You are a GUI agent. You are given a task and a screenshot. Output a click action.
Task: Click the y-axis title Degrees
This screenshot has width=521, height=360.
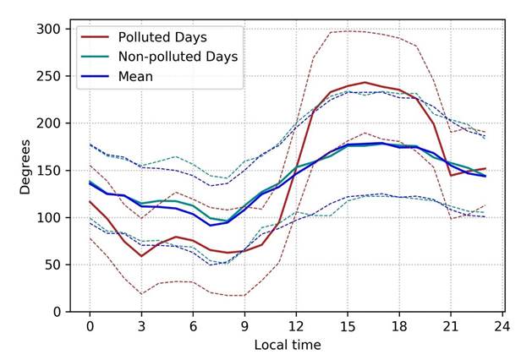26,169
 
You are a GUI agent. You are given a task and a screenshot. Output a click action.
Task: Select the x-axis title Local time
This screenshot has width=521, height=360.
288,345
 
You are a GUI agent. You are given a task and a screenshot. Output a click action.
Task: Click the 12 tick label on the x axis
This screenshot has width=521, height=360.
296,326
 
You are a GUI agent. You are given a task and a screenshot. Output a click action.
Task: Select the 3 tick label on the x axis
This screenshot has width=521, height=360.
141,326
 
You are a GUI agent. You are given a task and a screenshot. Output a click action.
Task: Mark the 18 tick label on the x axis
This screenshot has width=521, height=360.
399,326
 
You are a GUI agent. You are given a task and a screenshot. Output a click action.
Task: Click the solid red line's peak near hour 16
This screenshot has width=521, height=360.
365,82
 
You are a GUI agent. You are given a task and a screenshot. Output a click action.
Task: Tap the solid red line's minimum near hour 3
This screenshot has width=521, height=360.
141,256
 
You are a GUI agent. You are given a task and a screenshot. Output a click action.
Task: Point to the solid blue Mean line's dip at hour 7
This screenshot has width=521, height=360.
211,225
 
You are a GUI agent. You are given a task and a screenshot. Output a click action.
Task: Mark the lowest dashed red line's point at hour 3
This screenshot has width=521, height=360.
141,294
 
